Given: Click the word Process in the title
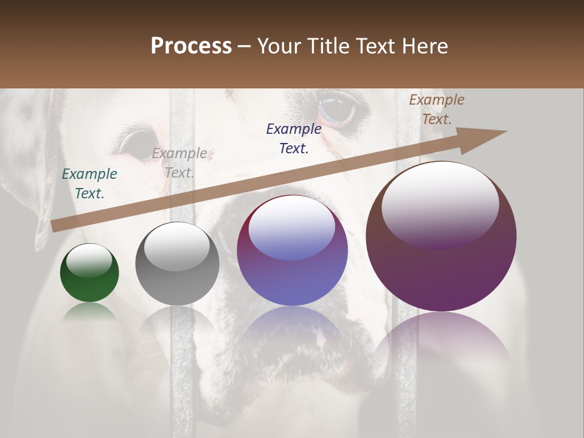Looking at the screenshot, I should [191, 46].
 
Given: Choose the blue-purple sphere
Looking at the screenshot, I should [292, 251].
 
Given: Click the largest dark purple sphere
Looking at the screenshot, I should [441, 237].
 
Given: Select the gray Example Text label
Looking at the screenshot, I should [179, 163].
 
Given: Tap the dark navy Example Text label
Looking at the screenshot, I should [294, 138].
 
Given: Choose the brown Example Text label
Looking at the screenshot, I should [437, 109].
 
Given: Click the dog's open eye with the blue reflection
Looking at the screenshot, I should [336, 108].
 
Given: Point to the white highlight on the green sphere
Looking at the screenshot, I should [89, 260].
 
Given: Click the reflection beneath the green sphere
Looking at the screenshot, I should [89, 313].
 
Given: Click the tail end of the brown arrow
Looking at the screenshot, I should [56, 226].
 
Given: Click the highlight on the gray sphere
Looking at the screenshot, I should [176, 247].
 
